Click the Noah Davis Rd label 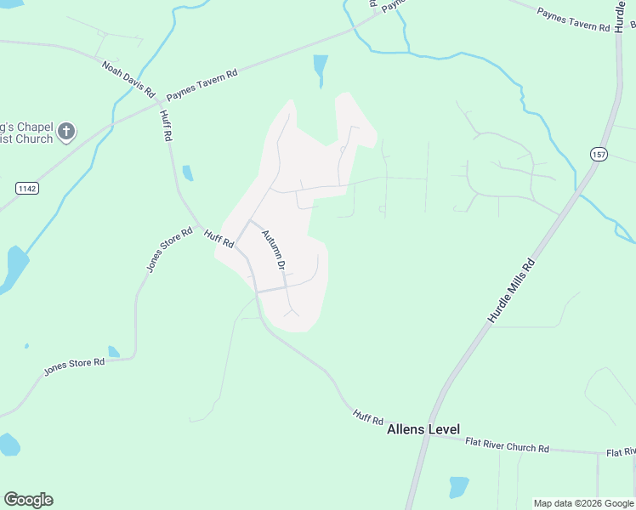[x=128, y=79]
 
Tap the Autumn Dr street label [x=273, y=249]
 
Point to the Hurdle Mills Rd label [x=511, y=290]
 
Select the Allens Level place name [x=423, y=430]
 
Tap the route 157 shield [x=599, y=153]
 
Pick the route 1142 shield [x=27, y=186]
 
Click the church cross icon [x=67, y=132]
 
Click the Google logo [x=28, y=500]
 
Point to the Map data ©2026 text [x=582, y=503]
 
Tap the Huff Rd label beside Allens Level [x=368, y=417]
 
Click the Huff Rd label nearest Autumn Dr [x=218, y=238]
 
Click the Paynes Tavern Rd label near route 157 [x=575, y=20]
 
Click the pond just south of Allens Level [x=459, y=486]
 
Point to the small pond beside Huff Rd [x=187, y=173]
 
